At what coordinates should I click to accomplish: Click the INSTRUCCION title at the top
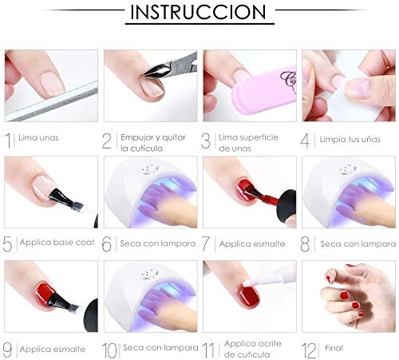[199, 14]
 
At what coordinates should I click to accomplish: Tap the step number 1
[10, 141]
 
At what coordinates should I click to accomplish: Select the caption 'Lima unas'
[38, 137]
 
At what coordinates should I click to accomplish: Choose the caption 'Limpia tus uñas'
[352, 137]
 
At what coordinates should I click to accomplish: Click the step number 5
[9, 243]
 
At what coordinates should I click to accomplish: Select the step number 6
[109, 243]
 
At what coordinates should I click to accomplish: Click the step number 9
[9, 348]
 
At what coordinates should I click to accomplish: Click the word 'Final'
[334, 348]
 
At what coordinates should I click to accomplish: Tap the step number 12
[310, 348]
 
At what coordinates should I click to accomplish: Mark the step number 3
[208, 141]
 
